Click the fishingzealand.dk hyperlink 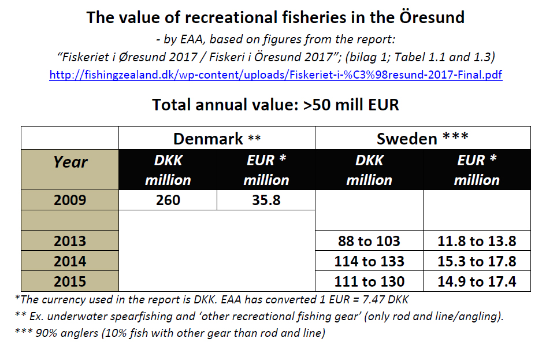click(276, 75)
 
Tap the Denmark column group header click(217, 139)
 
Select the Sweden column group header click(422, 139)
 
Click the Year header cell click(70, 162)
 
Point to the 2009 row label click(70, 200)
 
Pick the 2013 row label click(70, 241)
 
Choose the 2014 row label click(70, 261)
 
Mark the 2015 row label click(70, 281)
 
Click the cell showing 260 click(168, 200)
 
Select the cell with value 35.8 click(266, 200)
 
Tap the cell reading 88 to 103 click(369, 241)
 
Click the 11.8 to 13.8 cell click(477, 241)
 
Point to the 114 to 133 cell click(369, 261)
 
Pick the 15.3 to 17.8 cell click(477, 261)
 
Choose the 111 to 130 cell click(369, 281)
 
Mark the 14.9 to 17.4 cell click(477, 281)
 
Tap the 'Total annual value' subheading click(276, 105)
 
